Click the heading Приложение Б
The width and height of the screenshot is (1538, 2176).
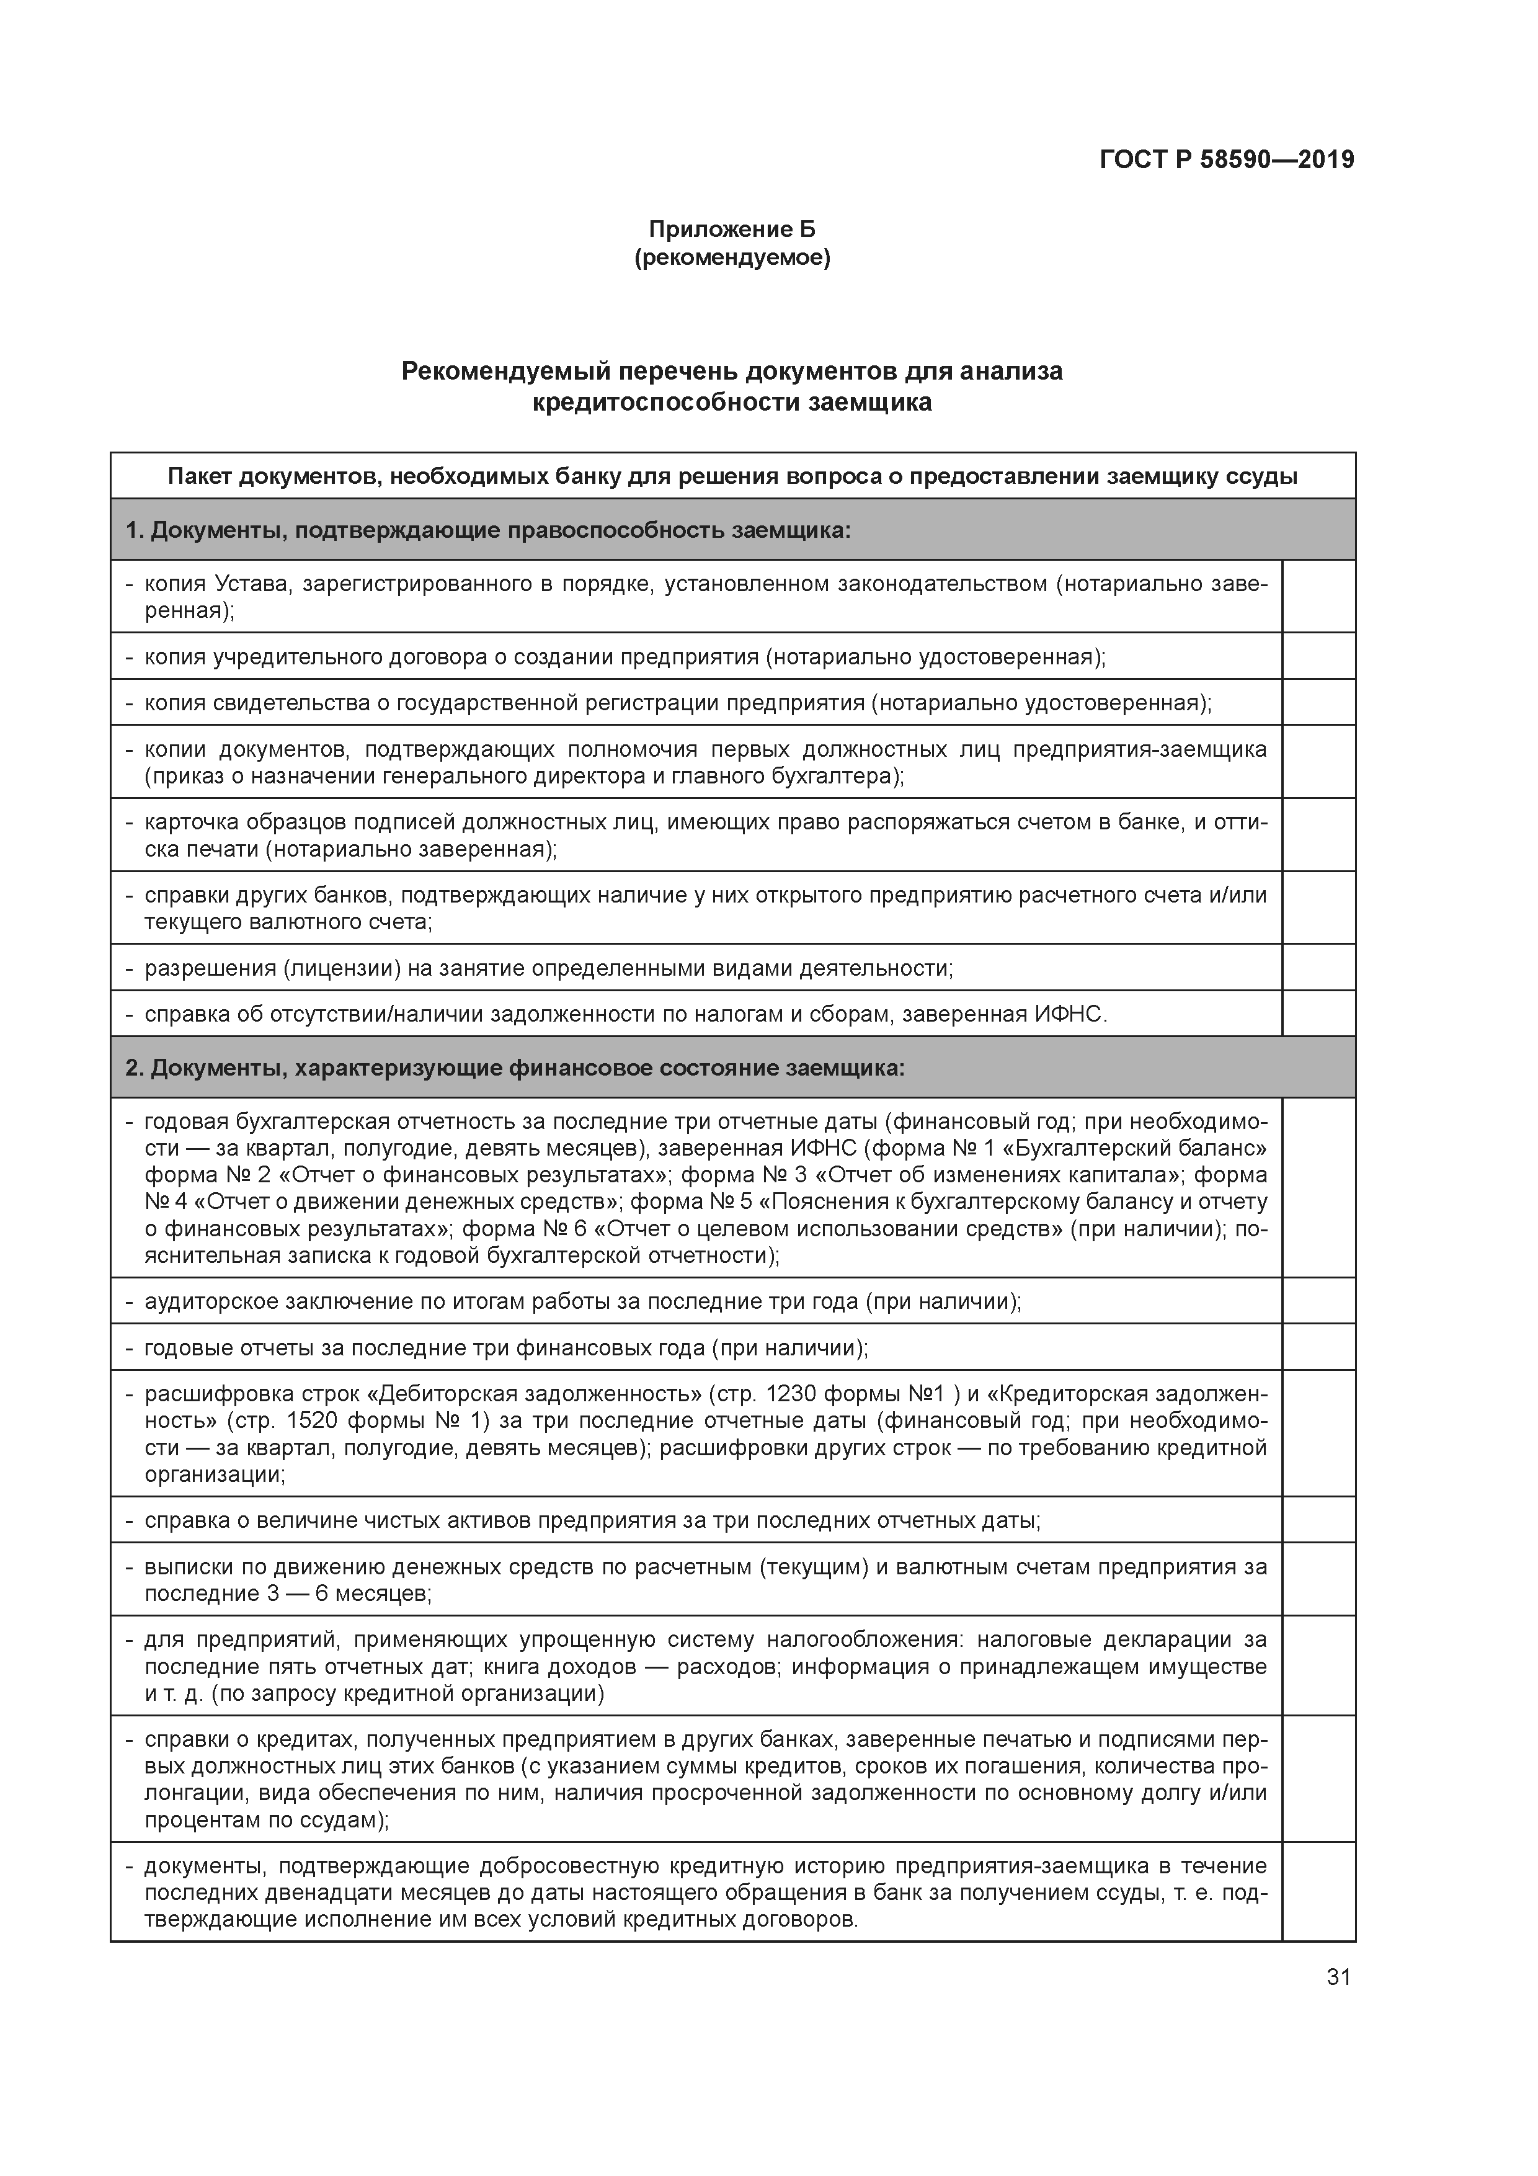click(x=732, y=230)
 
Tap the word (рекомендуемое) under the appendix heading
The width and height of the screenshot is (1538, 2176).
click(x=732, y=258)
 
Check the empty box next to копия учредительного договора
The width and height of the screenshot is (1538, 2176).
click(x=1318, y=656)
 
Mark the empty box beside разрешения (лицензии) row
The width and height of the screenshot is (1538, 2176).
click(x=1318, y=968)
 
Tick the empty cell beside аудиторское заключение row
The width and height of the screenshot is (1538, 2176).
click(x=1318, y=1301)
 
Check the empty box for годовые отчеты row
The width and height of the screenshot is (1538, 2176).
click(x=1318, y=1348)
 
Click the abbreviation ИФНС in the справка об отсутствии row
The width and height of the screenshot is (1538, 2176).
click(x=1070, y=1014)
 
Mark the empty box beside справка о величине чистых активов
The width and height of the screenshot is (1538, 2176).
click(x=1318, y=1520)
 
